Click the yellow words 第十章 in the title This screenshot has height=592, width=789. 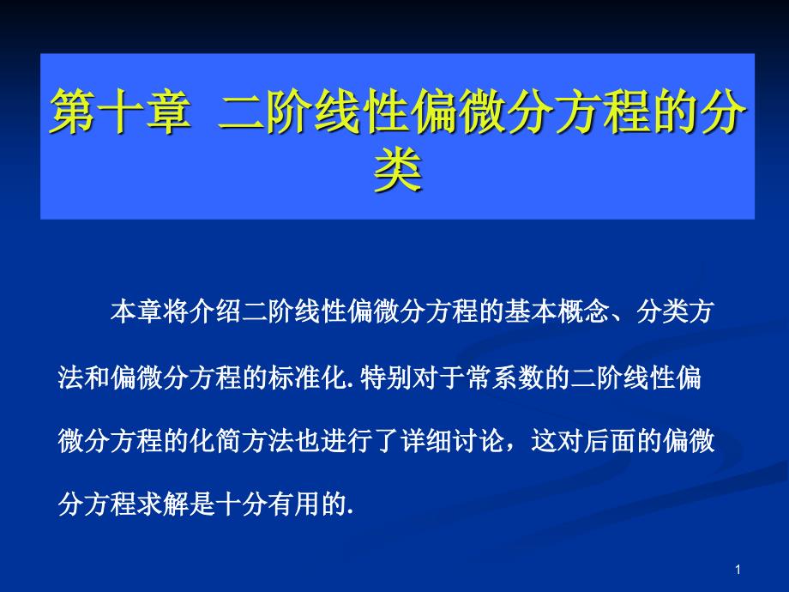click(x=121, y=111)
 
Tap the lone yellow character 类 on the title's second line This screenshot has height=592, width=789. click(x=398, y=170)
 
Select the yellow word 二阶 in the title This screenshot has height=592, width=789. click(x=266, y=111)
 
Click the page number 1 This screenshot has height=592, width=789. click(x=738, y=570)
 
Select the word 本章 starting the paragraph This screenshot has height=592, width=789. click(x=136, y=311)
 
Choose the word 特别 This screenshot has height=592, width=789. click(x=386, y=377)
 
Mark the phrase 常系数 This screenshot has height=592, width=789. click(x=503, y=377)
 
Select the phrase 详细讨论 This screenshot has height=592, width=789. click(x=452, y=440)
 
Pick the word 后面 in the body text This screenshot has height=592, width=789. click(x=610, y=440)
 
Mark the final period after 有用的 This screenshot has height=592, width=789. click(x=350, y=512)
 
